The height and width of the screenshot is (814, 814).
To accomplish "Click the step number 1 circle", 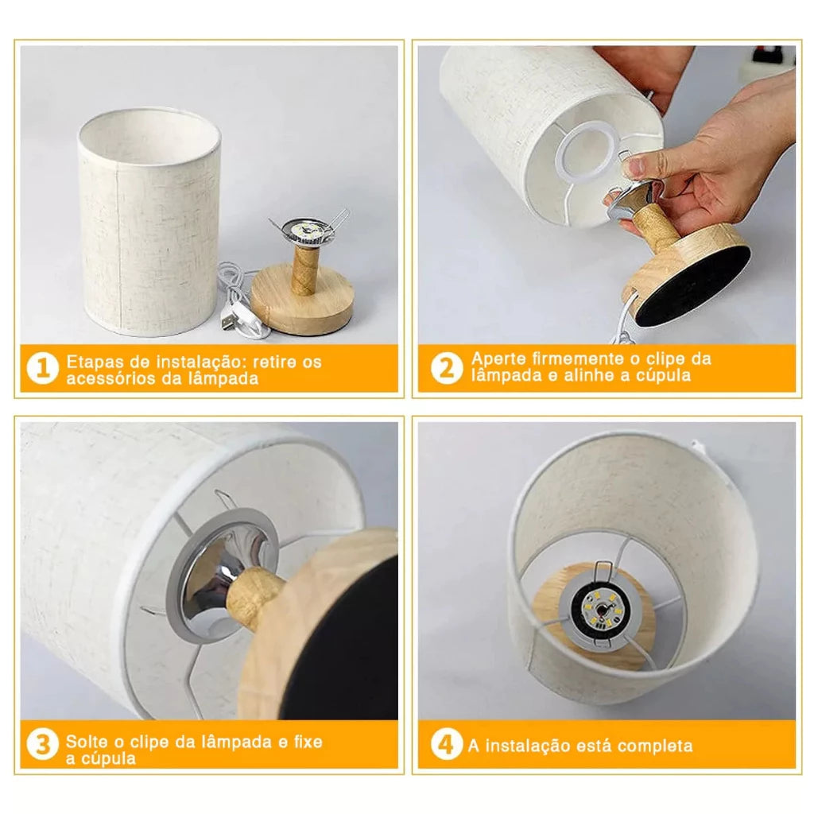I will (x=43, y=369).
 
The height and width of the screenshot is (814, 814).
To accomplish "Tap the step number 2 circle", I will (x=447, y=368).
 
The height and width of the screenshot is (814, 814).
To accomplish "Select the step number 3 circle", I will (x=43, y=745).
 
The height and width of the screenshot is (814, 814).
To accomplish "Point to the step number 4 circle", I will (x=447, y=745).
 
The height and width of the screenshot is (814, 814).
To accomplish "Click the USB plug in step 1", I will (x=227, y=320).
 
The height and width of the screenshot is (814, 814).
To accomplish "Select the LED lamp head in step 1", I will (x=306, y=230).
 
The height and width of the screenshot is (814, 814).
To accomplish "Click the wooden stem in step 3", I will (x=254, y=596).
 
